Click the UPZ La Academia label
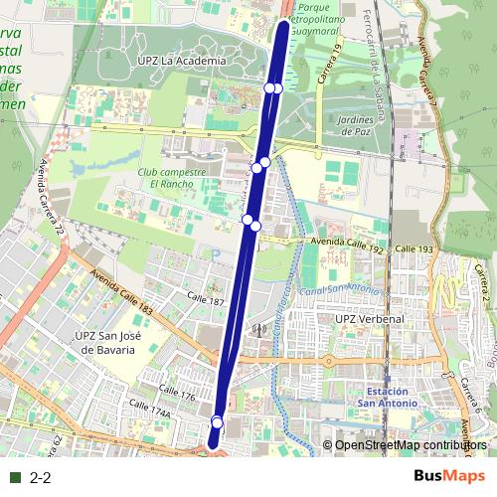coord(183,61)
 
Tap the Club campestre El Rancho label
coord(171,177)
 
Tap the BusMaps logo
coord(449,476)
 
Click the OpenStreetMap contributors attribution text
coord(411,445)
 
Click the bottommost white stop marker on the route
coord(217,424)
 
